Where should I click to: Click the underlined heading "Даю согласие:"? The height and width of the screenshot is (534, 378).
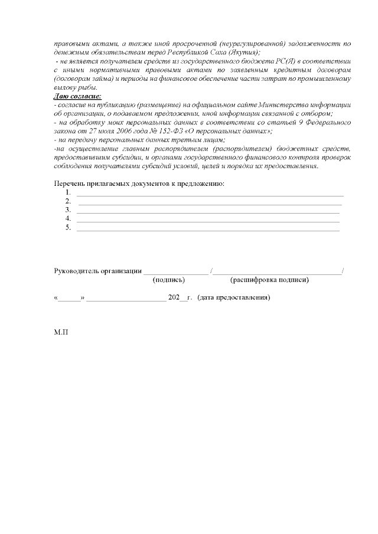pyautogui.click(x=77, y=96)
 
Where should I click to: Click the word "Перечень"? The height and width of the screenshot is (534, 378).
pyautogui.click(x=70, y=184)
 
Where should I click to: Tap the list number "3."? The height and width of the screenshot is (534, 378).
pyautogui.click(x=69, y=210)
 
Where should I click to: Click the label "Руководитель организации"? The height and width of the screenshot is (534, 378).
pyautogui.click(x=97, y=271)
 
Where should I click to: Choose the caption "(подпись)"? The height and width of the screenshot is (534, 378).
pyautogui.click(x=168, y=280)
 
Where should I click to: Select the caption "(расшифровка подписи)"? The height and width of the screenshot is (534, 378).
pyautogui.click(x=269, y=280)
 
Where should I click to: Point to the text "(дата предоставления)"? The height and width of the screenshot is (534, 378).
pyautogui.click(x=234, y=298)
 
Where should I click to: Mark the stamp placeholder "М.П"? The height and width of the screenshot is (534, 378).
pyautogui.click(x=61, y=333)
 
